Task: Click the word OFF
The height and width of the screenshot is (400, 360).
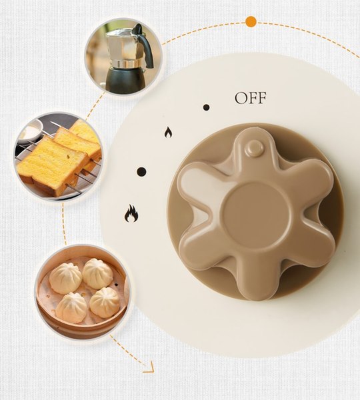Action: click(x=251, y=98)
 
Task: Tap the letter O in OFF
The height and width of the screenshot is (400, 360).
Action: click(x=241, y=98)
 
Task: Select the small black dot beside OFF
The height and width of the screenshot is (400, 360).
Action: click(x=206, y=107)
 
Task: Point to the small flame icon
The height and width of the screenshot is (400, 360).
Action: click(x=168, y=133)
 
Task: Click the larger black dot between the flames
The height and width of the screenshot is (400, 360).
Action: click(x=141, y=172)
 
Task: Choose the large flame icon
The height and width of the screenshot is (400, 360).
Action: click(x=131, y=213)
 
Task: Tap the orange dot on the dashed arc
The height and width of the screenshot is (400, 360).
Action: click(x=251, y=21)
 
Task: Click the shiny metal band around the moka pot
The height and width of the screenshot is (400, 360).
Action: click(x=127, y=64)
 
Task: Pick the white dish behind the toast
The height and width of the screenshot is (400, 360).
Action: click(x=31, y=131)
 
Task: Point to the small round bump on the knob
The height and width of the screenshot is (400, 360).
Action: click(x=254, y=147)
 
